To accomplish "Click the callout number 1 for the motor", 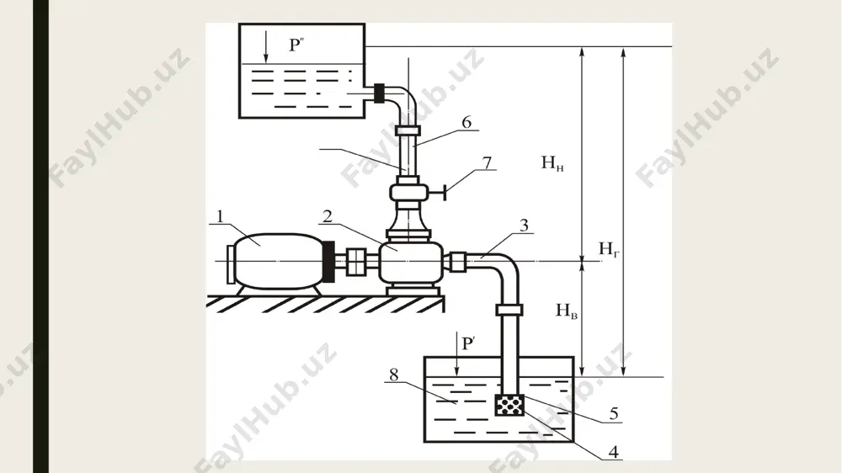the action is coord(220,216).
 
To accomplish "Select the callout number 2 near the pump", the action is coord(327,216).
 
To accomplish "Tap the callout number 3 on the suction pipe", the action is coord(524,225).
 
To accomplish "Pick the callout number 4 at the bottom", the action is coord(613,452).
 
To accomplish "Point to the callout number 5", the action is coord(614,413).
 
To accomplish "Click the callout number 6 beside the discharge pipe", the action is coord(466,122).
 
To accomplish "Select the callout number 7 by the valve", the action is coord(487,162).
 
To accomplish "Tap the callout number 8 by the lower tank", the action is coord(394,375).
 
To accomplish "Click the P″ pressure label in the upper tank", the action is coord(296,45).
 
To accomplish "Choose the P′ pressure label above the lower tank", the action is coord(468,343).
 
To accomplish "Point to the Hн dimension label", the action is coord(552,162).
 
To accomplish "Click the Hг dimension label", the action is coord(609,249).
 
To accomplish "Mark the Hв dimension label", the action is coord(567,311).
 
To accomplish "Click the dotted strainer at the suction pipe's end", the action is coord(509,405).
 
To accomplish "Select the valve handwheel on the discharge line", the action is coord(445,193).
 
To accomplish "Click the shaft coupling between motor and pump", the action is coord(355,262).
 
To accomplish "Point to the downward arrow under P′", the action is coord(457,353).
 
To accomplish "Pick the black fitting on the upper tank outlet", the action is coord(380,93).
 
